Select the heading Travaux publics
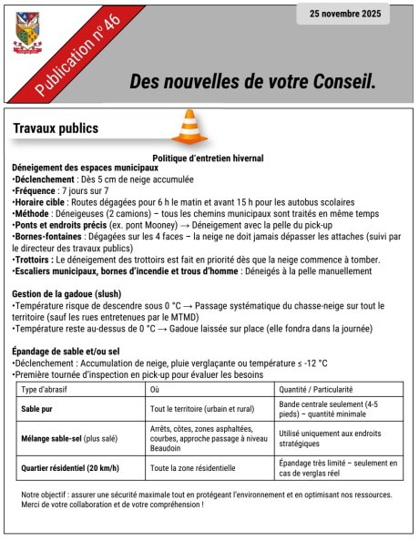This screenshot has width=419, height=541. (x=56, y=128)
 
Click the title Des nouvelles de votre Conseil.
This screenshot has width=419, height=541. (x=252, y=82)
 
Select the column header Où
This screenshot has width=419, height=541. (x=154, y=389)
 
